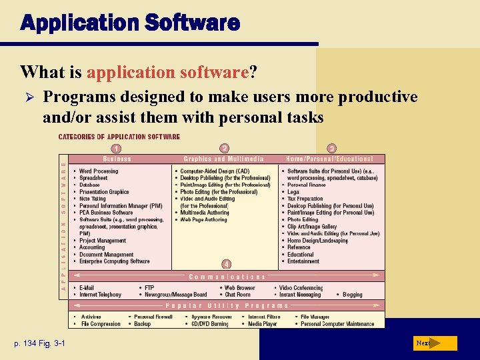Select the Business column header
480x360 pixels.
click(117, 159)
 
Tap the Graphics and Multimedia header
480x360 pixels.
click(224, 159)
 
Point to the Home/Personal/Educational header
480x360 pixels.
click(329, 159)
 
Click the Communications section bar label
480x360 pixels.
click(227, 276)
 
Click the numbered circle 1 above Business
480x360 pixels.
click(117, 148)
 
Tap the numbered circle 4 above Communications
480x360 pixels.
click(226, 265)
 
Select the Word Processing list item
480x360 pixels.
click(99, 171)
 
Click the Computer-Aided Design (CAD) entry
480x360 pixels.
click(215, 171)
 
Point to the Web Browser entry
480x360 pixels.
click(239, 287)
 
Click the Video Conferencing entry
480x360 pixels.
click(301, 287)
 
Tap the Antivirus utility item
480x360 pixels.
click(91, 317)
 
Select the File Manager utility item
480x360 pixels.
click(315, 317)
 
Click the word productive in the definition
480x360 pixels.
click(378, 97)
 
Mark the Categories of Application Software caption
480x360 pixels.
click(119, 137)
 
